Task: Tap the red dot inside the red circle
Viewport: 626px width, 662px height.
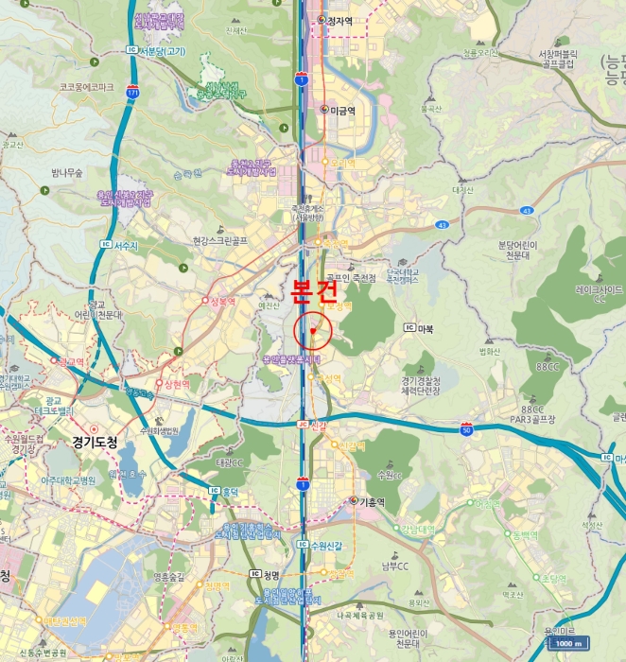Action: click(312, 331)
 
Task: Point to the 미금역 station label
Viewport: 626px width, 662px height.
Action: click(342, 111)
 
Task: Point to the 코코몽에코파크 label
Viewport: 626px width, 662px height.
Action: click(86, 87)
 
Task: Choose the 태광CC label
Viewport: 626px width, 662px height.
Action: click(230, 462)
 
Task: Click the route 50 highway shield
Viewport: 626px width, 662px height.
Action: click(466, 430)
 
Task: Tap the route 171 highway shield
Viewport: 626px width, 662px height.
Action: click(133, 94)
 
